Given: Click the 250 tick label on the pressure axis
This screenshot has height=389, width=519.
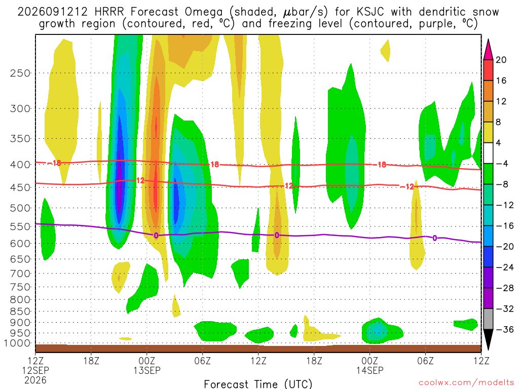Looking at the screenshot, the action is point(20,73).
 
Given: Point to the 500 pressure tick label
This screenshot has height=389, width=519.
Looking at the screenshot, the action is point(20,208).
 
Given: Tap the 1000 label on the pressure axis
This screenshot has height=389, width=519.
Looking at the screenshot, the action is point(17,343).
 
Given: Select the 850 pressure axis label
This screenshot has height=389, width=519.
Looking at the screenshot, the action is point(20,312).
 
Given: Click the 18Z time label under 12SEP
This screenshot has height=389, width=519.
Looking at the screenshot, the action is point(91,360).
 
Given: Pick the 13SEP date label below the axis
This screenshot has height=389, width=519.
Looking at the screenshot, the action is point(147,370).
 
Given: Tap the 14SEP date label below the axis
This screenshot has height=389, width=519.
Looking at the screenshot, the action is point(369,370).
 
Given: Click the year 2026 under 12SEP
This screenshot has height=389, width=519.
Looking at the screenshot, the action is point(35,380).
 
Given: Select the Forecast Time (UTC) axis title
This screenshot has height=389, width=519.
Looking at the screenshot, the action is point(258,384).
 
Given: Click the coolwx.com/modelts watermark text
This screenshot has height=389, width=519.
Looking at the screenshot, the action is point(466,383).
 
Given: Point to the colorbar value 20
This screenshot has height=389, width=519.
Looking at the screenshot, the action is point(501,60).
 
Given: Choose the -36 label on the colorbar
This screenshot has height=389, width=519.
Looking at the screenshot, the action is point(505,329).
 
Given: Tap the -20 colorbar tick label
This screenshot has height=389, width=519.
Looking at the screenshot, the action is point(505,247).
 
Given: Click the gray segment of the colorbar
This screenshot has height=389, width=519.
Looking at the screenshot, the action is point(488,319).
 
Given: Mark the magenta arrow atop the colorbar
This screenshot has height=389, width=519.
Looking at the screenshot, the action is point(488,50).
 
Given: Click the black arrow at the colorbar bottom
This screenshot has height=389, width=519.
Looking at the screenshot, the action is point(488,339).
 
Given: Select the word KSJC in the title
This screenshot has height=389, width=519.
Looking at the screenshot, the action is point(370,12).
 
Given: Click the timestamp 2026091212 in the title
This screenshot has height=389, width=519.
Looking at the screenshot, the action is point(52,12).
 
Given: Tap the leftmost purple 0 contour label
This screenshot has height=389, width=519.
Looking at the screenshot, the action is point(156,236).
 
